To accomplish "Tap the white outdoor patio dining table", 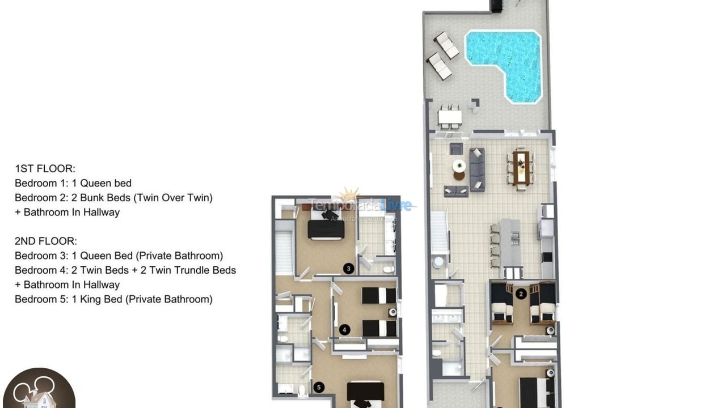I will click(450, 118).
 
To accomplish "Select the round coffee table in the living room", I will click(459, 165).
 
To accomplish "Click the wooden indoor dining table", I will click(521, 167).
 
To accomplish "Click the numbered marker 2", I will click(521, 294).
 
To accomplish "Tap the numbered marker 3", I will click(348, 268).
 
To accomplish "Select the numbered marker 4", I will click(344, 329).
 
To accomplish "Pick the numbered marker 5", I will click(319, 388).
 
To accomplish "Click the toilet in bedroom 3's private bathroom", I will click(387, 269).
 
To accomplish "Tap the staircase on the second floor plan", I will click(284, 246).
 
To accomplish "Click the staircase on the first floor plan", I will click(440, 232).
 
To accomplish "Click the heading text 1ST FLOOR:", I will click(45, 168).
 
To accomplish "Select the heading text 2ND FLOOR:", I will click(46, 241).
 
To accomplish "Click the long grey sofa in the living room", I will click(477, 169).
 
